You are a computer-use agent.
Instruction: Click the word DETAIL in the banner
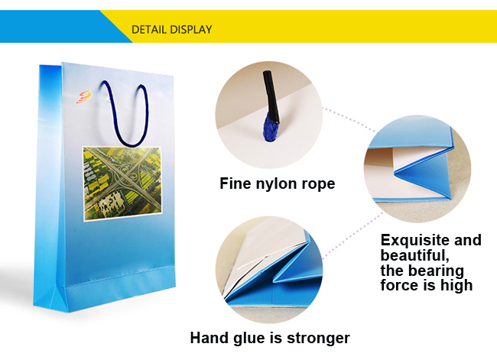(148, 30)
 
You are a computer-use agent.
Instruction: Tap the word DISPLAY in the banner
(190, 30)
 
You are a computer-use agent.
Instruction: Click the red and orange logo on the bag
(83, 96)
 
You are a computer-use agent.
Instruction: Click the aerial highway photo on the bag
(122, 183)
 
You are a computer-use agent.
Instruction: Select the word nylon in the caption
(276, 183)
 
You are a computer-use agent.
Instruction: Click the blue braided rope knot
(271, 127)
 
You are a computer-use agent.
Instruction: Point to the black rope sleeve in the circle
(271, 95)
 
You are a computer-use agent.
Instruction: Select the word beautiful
(415, 255)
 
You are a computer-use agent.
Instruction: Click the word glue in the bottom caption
(251, 339)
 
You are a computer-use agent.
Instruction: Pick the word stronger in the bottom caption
(318, 339)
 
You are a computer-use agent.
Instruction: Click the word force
(400, 285)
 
